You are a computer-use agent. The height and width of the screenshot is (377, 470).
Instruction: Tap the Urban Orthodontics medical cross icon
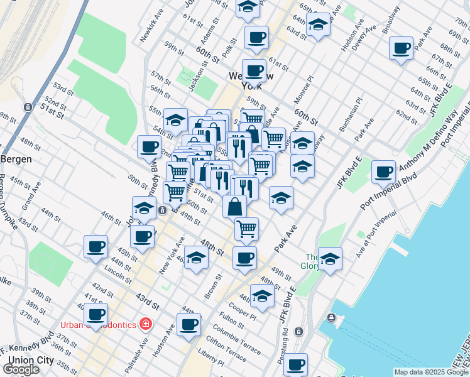(146, 324)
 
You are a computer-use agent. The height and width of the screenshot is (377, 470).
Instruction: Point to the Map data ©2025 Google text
(431, 372)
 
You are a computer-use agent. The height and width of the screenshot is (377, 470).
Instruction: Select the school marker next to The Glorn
(330, 258)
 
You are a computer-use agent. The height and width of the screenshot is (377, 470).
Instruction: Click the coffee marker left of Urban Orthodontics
(96, 315)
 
